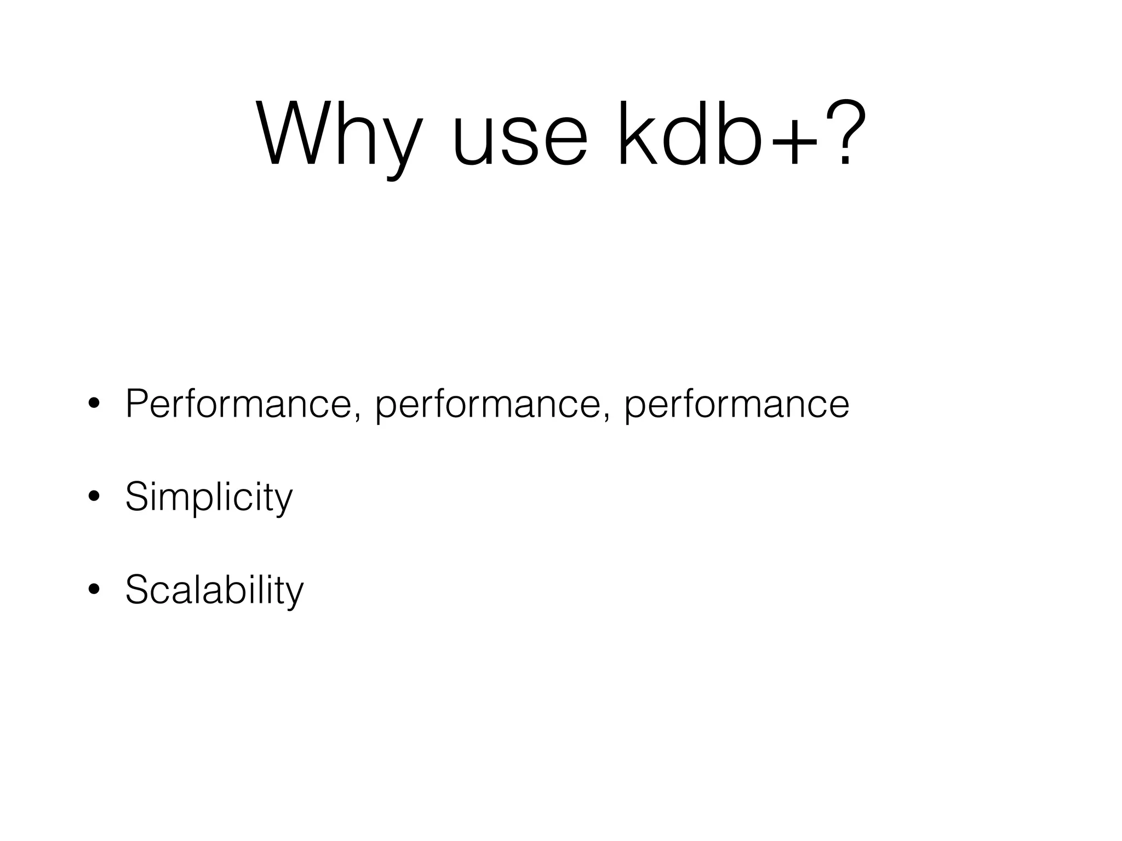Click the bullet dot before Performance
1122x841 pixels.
(x=94, y=404)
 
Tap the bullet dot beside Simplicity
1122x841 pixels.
(x=94, y=497)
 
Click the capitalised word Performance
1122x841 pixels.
(x=238, y=404)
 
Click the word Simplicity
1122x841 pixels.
(x=209, y=497)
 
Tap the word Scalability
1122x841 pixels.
(x=214, y=590)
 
